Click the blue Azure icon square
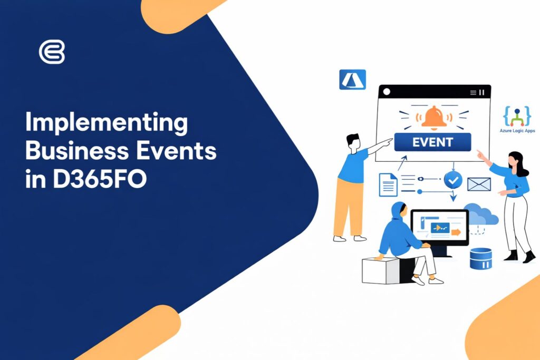[x=352, y=80]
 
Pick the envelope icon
[x=479, y=184]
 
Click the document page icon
[x=388, y=185]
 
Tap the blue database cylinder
[x=480, y=258]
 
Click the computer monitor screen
[x=439, y=228]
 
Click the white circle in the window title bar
[x=387, y=92]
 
